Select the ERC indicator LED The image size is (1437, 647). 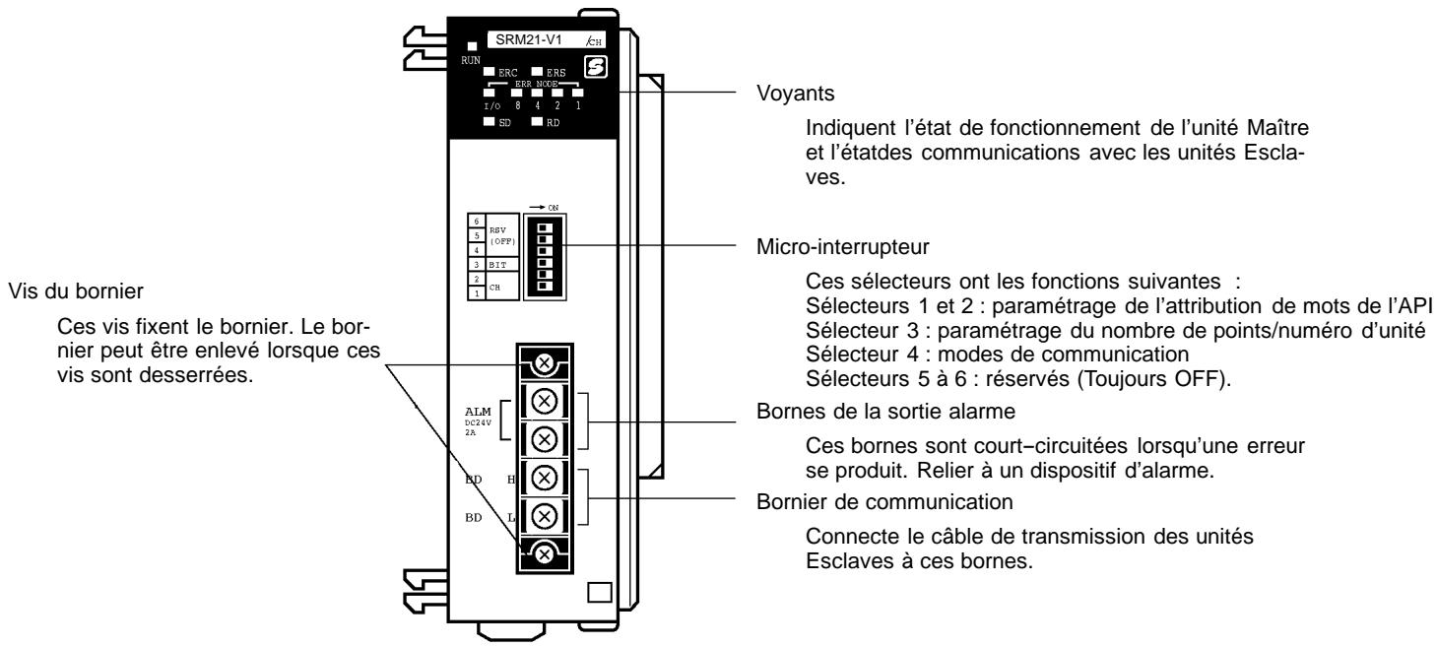[490, 72]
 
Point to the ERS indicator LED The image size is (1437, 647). [539, 72]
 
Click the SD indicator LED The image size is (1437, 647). [490, 124]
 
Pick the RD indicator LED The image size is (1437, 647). [539, 124]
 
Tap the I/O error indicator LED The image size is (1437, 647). [490, 93]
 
